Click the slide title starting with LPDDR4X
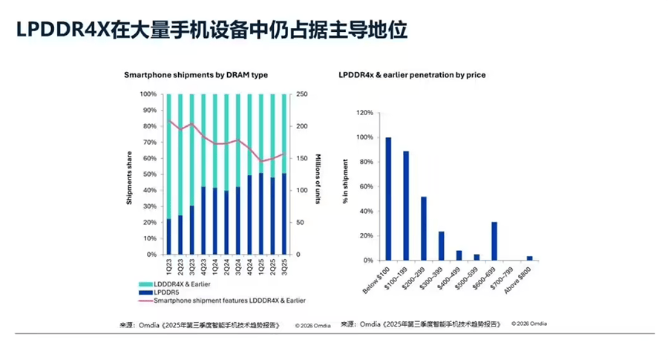212,31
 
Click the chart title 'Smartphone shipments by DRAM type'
196,75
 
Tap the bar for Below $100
388,199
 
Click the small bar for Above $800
529,258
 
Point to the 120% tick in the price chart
364,113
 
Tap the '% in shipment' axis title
347,186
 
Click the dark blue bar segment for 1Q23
169,237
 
